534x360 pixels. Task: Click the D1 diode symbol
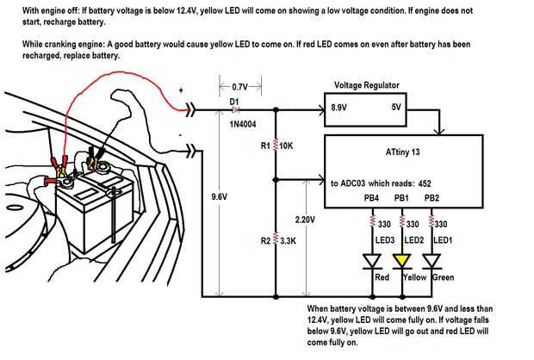234,109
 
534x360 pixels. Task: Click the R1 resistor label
265,146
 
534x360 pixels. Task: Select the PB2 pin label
432,199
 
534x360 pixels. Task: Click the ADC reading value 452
425,183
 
